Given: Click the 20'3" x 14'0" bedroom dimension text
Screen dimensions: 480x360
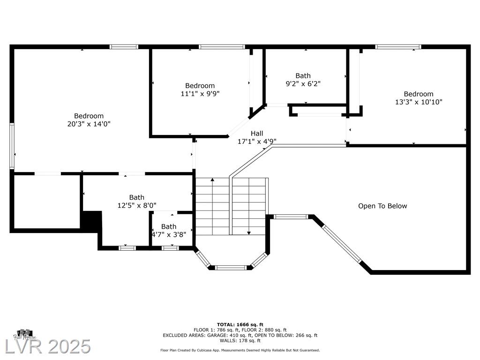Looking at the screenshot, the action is (89, 124).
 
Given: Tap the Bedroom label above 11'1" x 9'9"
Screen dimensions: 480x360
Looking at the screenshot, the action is (200, 86).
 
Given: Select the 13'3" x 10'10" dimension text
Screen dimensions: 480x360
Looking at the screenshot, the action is (419, 102).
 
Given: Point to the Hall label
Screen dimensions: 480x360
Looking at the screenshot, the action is (257, 134).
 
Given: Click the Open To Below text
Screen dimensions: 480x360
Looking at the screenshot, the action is (382, 206).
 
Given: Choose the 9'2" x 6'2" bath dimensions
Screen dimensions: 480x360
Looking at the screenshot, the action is (303, 83).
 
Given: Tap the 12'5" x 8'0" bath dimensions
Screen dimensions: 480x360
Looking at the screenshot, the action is (137, 205).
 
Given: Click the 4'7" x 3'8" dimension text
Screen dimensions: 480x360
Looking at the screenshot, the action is (169, 234).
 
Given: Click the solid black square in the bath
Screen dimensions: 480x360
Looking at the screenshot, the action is (92, 220).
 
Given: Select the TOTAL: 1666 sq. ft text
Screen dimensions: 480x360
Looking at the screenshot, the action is (240, 324).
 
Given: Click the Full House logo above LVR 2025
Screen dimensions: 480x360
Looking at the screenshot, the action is (25, 335).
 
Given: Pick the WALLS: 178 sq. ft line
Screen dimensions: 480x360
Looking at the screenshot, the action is (240, 340).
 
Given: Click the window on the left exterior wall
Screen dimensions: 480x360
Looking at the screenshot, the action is (12, 146).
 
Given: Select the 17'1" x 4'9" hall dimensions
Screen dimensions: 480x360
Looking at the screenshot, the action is (257, 142).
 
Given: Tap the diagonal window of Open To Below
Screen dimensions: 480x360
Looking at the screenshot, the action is (342, 243).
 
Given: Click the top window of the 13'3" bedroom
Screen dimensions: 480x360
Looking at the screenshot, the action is (398, 47).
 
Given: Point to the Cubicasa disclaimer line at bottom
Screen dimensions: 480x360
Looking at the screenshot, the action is (240, 350).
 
